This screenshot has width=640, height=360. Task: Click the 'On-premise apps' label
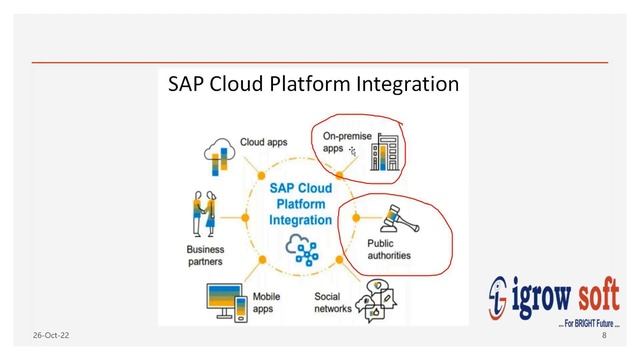click(x=337, y=141)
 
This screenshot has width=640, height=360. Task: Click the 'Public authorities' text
click(x=394, y=250)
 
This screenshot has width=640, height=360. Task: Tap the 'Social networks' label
click(x=333, y=302)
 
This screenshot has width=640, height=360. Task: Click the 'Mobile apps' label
click(x=266, y=303)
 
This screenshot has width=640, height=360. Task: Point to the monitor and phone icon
click(x=224, y=300)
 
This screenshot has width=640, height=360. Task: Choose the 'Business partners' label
click(x=205, y=255)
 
